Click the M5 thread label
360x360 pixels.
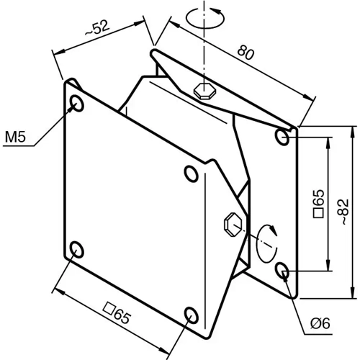tap(15, 137)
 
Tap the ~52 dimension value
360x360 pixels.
tap(96, 30)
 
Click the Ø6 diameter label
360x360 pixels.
tap(320, 325)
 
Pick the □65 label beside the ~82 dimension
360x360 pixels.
tap(320, 204)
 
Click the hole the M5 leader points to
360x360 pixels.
tap(76, 104)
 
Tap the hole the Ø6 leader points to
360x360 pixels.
tap(283, 271)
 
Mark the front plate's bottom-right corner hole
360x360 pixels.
tap(192, 315)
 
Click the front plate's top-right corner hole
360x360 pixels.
tap(191, 173)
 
